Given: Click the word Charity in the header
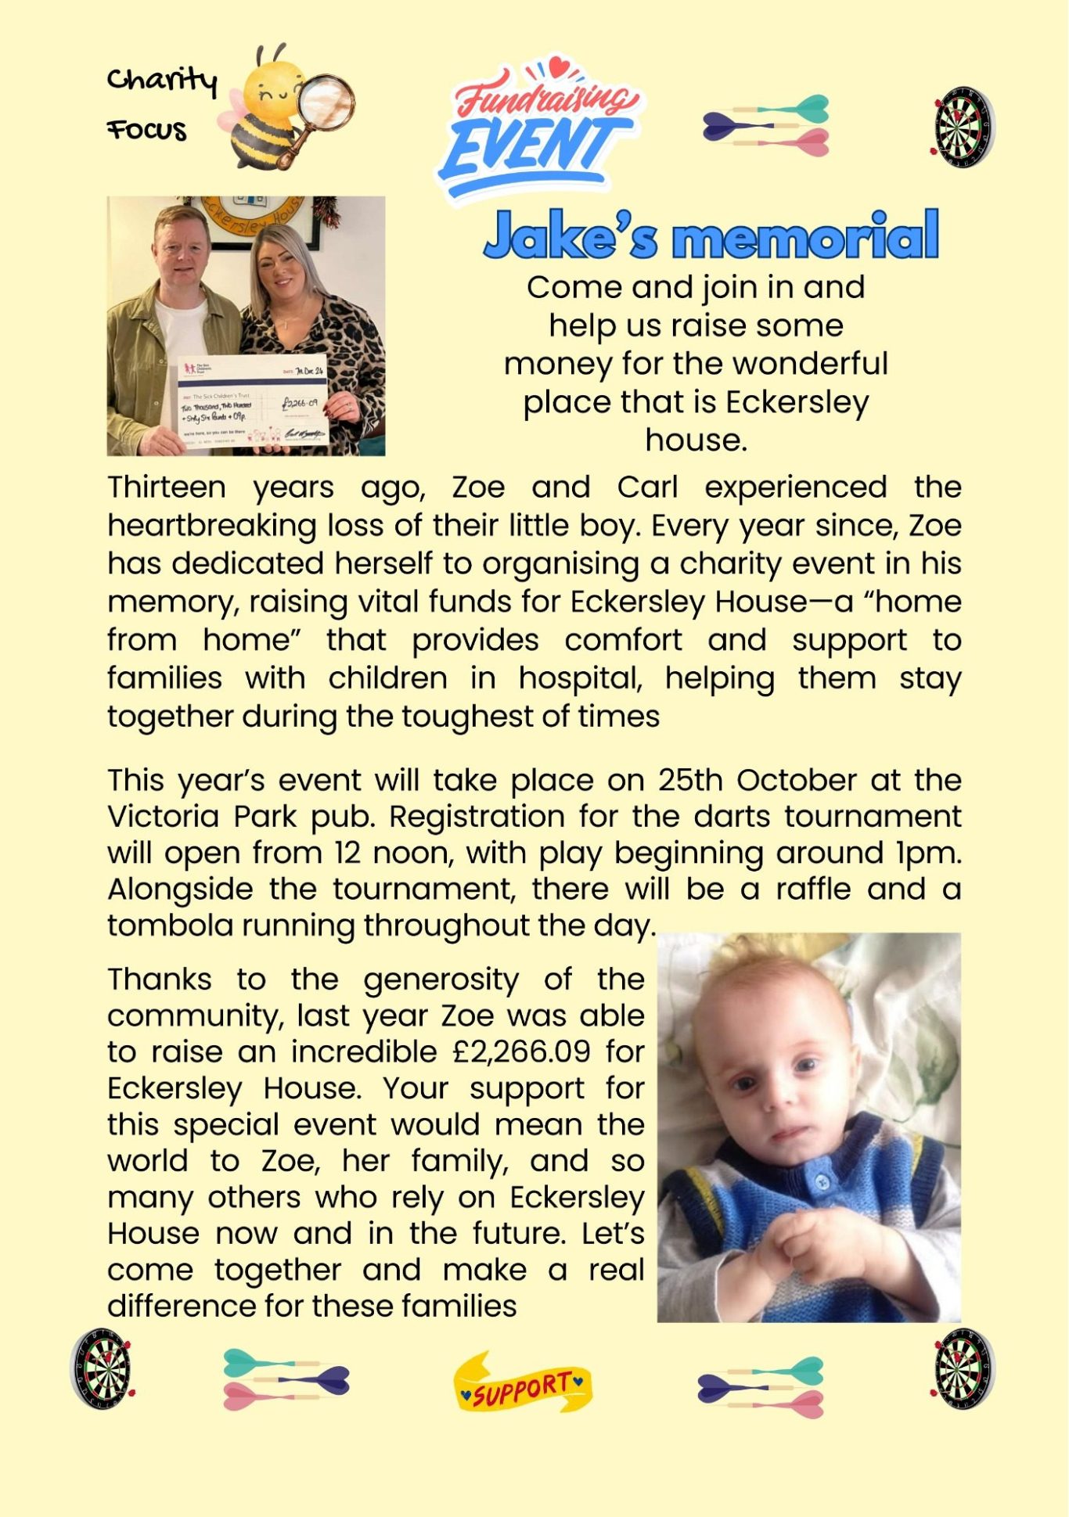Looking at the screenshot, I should (x=161, y=80).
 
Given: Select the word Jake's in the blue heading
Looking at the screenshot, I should (x=570, y=235).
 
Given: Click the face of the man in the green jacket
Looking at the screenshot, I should (x=182, y=249).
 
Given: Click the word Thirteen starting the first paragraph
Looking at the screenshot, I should (x=166, y=487).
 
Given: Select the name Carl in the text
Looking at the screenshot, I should (x=646, y=487).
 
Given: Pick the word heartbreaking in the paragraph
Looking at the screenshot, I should (x=211, y=526).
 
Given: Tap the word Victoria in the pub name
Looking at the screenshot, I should (x=164, y=817).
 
